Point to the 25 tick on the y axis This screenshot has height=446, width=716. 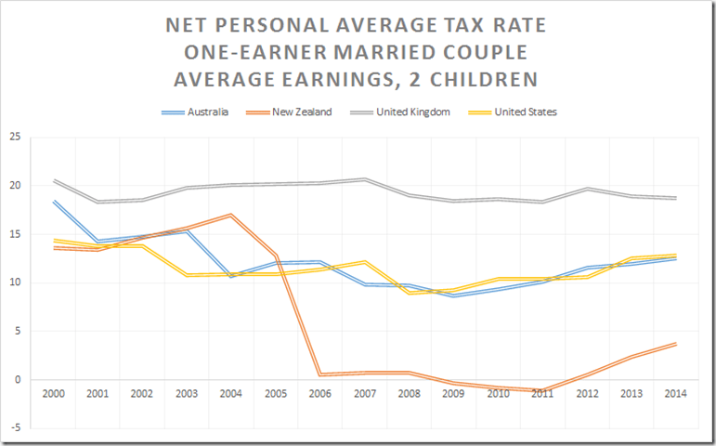coord(15,138)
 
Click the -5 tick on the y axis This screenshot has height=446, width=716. coord(15,428)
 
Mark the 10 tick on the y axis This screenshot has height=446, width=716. coord(15,282)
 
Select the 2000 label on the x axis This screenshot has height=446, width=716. coord(55,394)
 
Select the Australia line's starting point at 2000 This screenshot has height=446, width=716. coord(55,201)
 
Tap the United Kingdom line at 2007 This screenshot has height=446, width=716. coord(364,179)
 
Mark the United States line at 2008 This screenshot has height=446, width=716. coord(410,293)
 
